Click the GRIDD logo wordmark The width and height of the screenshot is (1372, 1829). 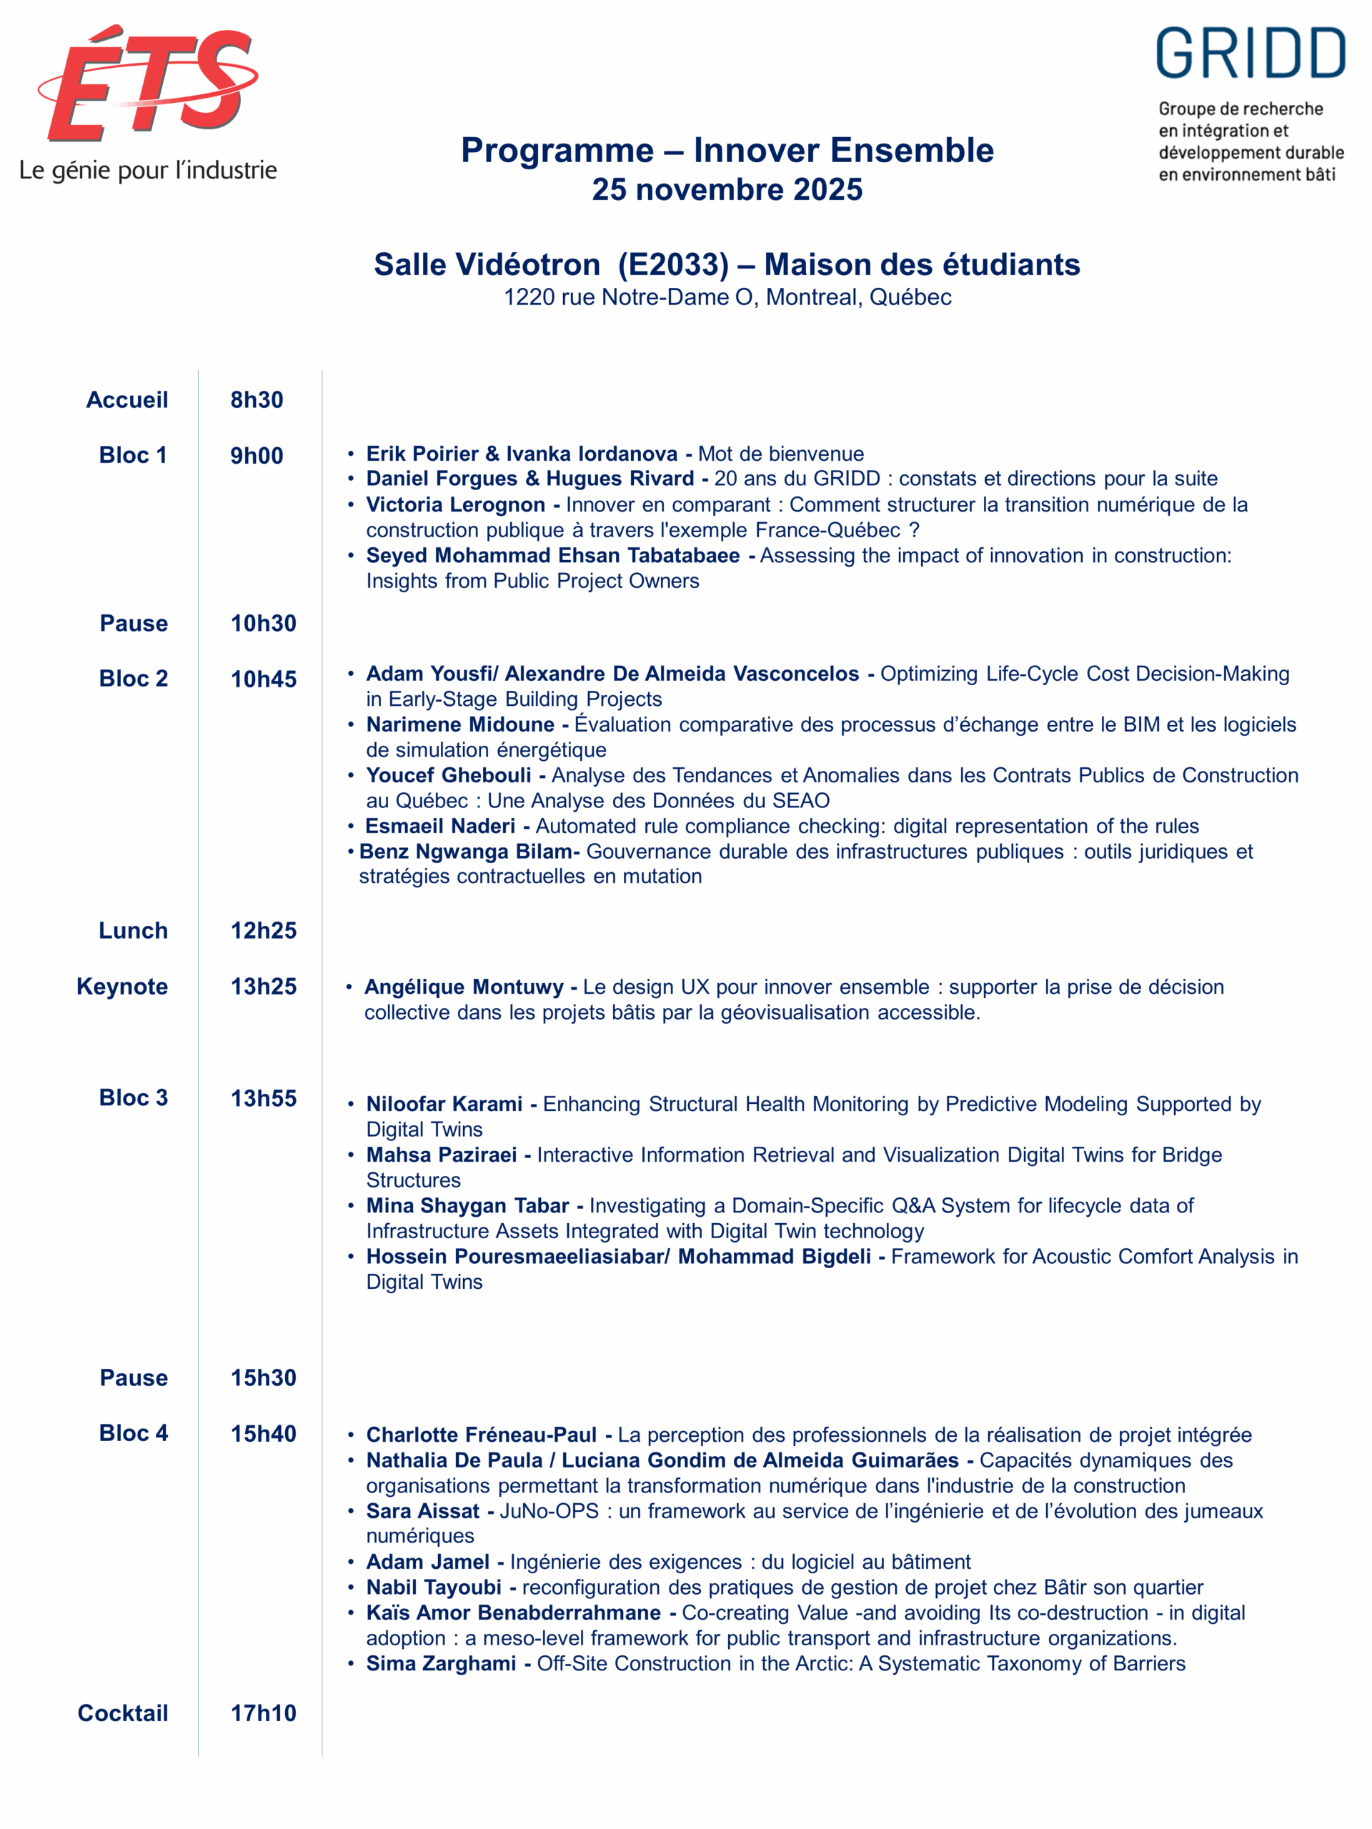[x=1250, y=54]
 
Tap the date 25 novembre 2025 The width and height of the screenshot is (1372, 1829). [x=727, y=189]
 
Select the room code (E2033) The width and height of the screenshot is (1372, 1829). [x=673, y=264]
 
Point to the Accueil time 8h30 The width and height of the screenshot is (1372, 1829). [x=257, y=400]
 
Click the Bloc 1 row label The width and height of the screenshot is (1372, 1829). [x=133, y=455]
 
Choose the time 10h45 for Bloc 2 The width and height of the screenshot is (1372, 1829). [x=263, y=679]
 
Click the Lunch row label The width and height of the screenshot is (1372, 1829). [x=133, y=930]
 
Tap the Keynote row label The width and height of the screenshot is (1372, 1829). [x=122, y=987]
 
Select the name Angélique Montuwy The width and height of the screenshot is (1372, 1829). [x=464, y=987]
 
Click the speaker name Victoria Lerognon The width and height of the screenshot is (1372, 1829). [x=456, y=504]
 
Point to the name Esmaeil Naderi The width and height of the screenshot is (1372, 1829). [x=441, y=826]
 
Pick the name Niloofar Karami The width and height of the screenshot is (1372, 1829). [x=444, y=1104]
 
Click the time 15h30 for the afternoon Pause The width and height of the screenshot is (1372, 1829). [x=263, y=1377]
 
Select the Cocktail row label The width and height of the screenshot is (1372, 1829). [x=123, y=1713]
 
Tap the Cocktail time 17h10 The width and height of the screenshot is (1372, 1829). [x=263, y=1713]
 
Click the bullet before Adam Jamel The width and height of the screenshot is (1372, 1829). [x=352, y=1562]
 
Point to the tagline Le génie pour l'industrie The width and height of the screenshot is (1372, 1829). [x=148, y=171]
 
